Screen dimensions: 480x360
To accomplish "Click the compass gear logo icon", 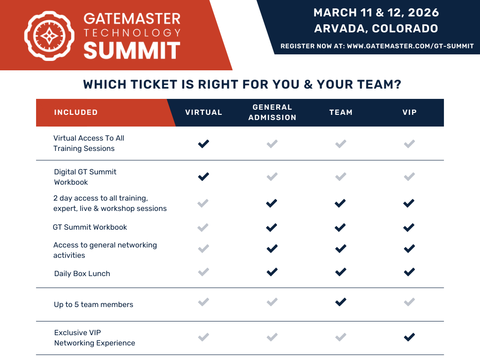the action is pyautogui.click(x=49, y=36).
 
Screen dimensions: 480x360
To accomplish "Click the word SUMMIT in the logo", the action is pyautogui.click(x=132, y=51).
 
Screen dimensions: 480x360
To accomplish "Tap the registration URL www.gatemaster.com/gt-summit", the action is pyautogui.click(x=410, y=46).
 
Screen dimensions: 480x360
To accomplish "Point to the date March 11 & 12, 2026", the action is pyautogui.click(x=376, y=13).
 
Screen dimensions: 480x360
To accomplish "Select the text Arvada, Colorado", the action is pyautogui.click(x=376, y=29).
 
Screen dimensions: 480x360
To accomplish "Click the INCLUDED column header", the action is pyautogui.click(x=76, y=112).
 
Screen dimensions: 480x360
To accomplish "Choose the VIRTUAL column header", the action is pyautogui.click(x=203, y=112).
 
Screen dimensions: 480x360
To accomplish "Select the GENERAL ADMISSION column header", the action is pyautogui.click(x=272, y=112).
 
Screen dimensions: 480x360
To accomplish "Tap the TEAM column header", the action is pyautogui.click(x=341, y=112).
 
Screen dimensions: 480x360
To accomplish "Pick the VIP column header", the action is pyautogui.click(x=409, y=112).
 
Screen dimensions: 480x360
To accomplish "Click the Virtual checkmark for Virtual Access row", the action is pyautogui.click(x=203, y=143).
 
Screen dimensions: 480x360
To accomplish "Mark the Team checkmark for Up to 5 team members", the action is pyautogui.click(x=341, y=302).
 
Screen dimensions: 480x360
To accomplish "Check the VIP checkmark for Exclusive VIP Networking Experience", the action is pyautogui.click(x=409, y=337).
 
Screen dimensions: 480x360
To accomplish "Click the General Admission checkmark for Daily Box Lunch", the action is pyautogui.click(x=272, y=272).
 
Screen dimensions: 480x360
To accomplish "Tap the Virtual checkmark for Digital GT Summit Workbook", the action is pyautogui.click(x=203, y=177).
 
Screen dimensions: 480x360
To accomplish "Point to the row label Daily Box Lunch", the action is pyautogui.click(x=82, y=274).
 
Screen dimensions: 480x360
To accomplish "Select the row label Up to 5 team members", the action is pyautogui.click(x=93, y=305).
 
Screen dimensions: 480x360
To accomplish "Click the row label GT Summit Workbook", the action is pyautogui.click(x=90, y=227).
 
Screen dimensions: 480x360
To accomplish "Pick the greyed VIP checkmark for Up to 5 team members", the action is pyautogui.click(x=409, y=302).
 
